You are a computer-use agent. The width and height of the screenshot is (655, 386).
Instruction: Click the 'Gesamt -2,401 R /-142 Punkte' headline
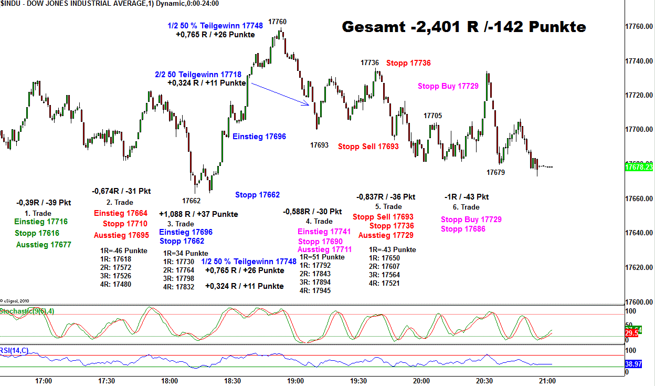tap(464, 27)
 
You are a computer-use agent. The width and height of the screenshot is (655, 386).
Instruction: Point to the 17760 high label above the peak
tap(278, 22)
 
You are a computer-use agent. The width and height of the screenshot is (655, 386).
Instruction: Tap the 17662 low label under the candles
tap(192, 201)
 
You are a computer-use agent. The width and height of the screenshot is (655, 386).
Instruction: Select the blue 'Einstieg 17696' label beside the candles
tap(259, 137)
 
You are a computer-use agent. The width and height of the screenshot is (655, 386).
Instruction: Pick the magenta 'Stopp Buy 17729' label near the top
tap(448, 86)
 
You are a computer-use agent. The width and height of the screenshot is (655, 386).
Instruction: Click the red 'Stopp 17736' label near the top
tap(408, 63)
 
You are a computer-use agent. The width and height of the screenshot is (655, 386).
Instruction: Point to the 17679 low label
tap(495, 172)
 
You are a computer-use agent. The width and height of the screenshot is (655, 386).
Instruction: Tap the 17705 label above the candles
tap(432, 116)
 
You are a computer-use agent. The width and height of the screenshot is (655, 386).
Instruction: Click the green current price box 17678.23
tap(639, 167)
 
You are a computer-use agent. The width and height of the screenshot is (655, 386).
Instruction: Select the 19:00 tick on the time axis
tap(295, 381)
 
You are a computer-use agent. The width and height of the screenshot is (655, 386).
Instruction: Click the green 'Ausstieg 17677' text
tap(44, 245)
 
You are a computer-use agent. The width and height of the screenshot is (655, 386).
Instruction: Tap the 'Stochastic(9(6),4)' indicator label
tap(27, 311)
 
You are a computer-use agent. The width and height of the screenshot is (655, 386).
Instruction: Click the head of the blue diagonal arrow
tap(308, 105)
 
